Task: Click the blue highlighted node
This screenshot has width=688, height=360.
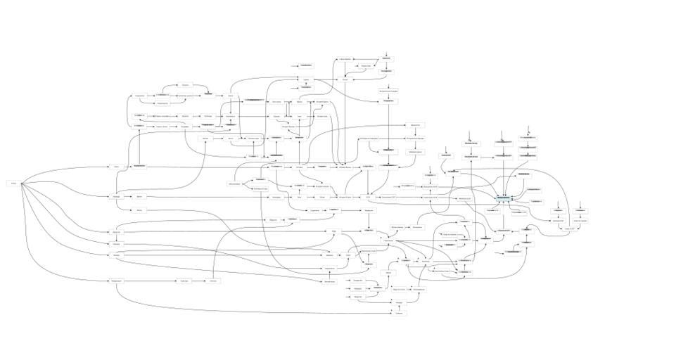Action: (x=504, y=198)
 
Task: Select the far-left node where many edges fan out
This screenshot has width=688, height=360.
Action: (x=13, y=183)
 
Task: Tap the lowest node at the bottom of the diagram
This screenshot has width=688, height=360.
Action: (x=399, y=313)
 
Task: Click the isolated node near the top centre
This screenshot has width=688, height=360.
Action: (x=305, y=65)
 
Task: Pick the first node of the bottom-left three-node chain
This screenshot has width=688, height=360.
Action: (x=116, y=281)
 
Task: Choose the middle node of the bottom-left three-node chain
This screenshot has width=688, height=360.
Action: (x=184, y=281)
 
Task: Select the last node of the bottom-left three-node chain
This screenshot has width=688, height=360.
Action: (x=214, y=281)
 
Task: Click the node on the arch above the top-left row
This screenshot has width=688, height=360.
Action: (x=184, y=85)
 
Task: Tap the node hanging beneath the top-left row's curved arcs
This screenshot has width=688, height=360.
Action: (x=162, y=103)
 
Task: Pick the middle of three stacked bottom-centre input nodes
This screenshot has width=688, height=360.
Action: (x=357, y=288)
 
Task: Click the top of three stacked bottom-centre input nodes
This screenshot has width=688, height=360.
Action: (x=357, y=281)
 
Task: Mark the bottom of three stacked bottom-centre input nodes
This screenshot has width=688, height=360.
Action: (x=357, y=297)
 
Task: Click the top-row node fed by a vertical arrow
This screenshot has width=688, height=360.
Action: (x=387, y=59)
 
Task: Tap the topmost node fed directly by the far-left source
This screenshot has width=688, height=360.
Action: (x=116, y=167)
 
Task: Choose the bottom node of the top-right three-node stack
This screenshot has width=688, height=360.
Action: (x=528, y=156)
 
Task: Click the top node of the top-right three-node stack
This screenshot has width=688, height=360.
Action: (x=528, y=138)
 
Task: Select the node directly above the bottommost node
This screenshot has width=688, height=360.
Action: (x=399, y=302)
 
